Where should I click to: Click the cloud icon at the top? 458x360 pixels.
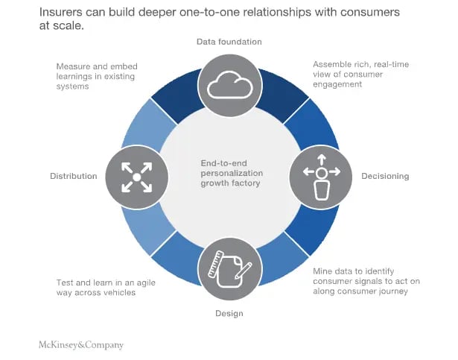tap(229, 86)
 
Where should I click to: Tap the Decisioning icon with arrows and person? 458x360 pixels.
tap(321, 176)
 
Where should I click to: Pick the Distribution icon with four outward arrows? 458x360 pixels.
tap(136, 176)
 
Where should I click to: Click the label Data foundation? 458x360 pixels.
tap(229, 42)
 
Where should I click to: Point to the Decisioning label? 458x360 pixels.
tap(385, 177)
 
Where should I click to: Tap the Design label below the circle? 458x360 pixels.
tap(229, 314)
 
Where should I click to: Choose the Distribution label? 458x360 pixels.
tap(74, 177)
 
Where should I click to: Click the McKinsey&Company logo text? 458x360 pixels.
tap(81, 345)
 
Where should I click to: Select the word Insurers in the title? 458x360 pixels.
tap(65, 13)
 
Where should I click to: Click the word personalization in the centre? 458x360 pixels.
tap(229, 173)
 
